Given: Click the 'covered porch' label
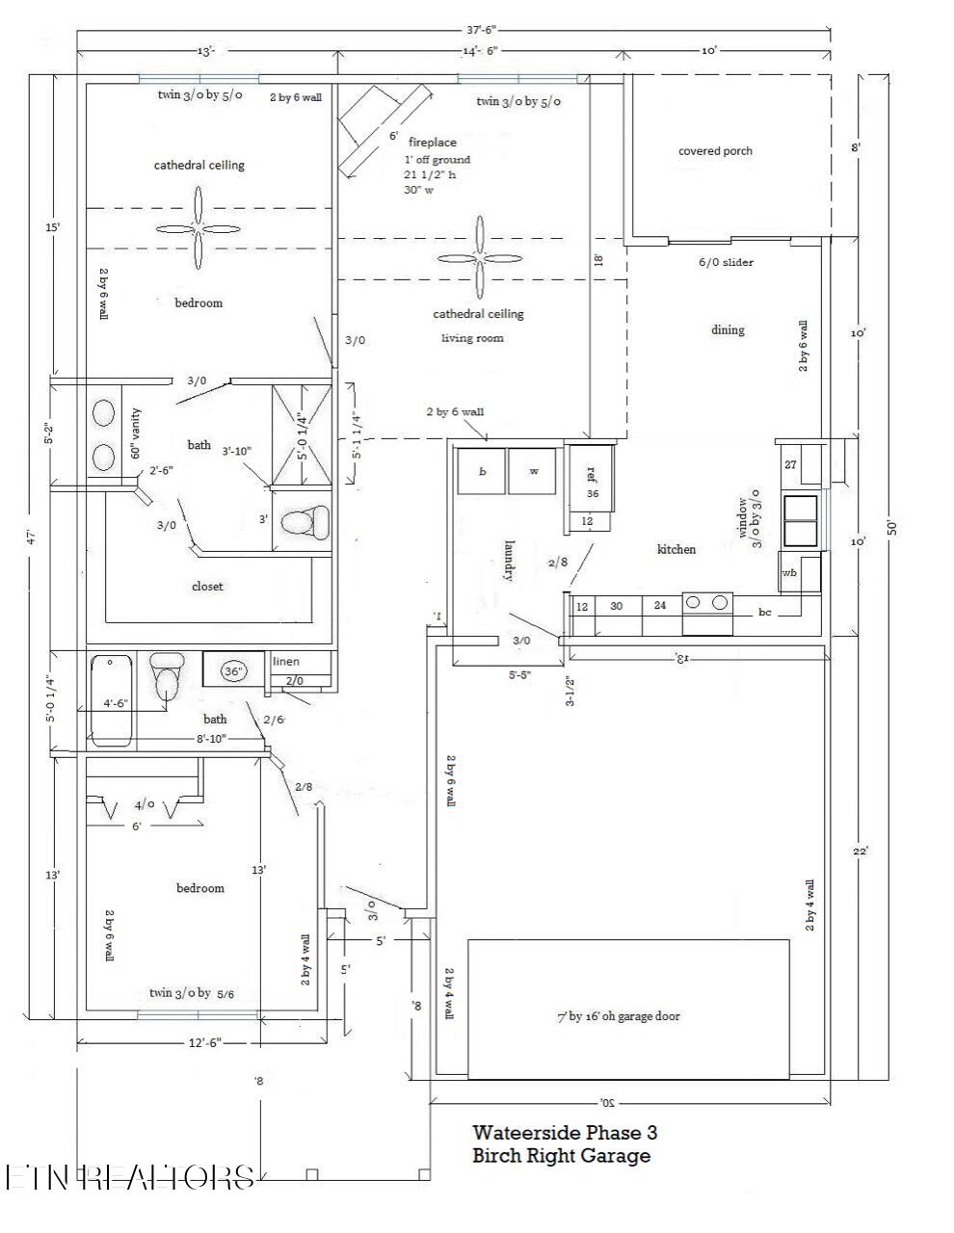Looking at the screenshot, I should [x=715, y=151].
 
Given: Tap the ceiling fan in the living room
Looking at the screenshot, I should [x=479, y=257].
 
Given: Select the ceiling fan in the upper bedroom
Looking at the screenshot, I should [x=199, y=228].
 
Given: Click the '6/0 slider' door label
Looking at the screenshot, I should [x=726, y=262].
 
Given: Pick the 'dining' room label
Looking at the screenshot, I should [x=728, y=329].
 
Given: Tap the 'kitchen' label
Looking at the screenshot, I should [x=676, y=549].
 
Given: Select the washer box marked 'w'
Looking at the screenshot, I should [x=533, y=472].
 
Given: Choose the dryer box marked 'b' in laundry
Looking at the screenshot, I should [x=482, y=472].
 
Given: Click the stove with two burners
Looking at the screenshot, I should [x=707, y=614].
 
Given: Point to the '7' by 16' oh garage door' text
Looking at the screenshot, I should [x=618, y=1015].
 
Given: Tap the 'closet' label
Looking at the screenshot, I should [x=207, y=586].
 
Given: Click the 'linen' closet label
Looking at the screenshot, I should [x=286, y=662].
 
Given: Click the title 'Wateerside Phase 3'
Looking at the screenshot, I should [x=564, y=1133].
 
